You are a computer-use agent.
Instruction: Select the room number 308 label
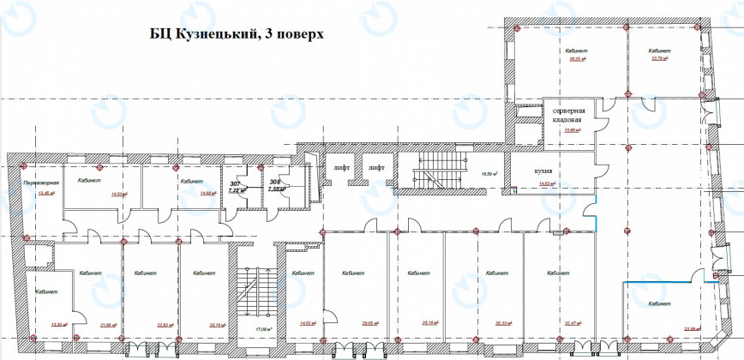[276, 183]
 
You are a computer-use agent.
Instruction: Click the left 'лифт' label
[340, 169]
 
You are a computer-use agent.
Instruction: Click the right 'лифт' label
[377, 169]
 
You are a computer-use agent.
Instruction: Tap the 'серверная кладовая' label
[567, 117]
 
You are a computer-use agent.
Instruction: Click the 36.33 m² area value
[492, 324]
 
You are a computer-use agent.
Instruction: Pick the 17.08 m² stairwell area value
[263, 329]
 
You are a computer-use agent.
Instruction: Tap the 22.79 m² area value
[658, 59]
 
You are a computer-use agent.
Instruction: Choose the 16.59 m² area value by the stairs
[489, 174]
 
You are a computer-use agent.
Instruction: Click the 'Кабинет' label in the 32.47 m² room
[560, 274]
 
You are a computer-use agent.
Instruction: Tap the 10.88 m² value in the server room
[567, 131]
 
